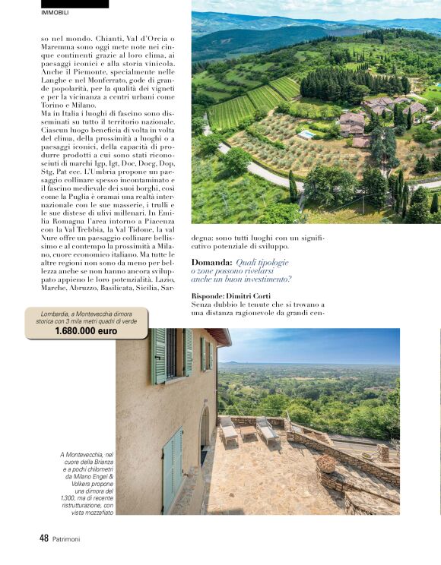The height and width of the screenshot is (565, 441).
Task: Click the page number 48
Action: click(x=44, y=538)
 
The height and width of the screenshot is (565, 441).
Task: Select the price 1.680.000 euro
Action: click(x=86, y=331)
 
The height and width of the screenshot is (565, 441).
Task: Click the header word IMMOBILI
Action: click(x=54, y=12)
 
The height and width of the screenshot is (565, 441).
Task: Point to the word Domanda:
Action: click(x=211, y=263)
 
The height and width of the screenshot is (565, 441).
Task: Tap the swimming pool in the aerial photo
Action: click(x=306, y=134)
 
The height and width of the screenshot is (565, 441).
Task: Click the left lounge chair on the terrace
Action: click(x=228, y=432)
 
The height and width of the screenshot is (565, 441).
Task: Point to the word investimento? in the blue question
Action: click(x=259, y=279)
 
